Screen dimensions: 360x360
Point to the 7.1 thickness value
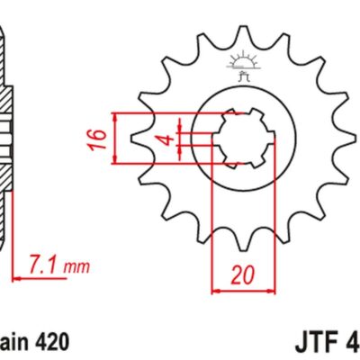pyautogui.click(x=44, y=265)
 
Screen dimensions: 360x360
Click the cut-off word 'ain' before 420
pyautogui.click(x=13, y=342)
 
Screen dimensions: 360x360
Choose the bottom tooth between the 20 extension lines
pyautogui.click(x=238, y=238)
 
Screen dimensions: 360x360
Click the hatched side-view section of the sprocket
pyautogui.click(x=5, y=135)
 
